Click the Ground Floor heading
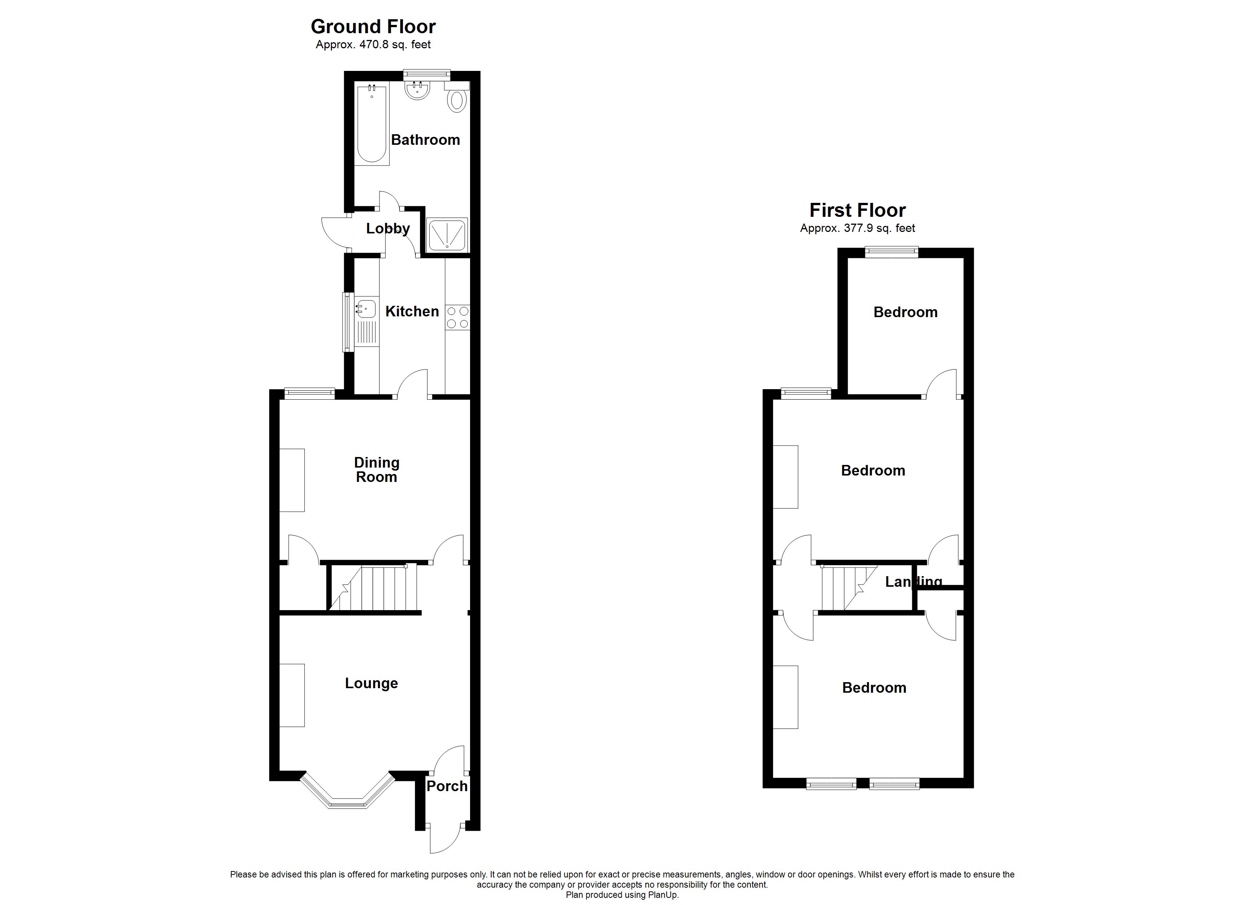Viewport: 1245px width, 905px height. coord(373,26)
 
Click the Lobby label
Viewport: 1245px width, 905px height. coord(387,229)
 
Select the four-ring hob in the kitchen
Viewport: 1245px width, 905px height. coord(457,318)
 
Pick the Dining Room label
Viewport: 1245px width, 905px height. coord(376,470)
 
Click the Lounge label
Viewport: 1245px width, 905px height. coord(371,683)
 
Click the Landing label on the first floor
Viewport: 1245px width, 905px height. coord(913,582)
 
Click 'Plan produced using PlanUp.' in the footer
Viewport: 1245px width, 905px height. coord(622,895)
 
